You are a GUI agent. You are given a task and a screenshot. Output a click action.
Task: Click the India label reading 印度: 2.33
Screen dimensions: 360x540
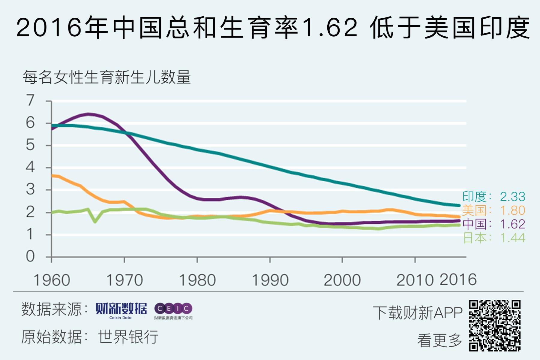(x=493, y=197)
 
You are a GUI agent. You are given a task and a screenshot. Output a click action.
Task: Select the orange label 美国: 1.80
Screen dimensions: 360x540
(x=493, y=210)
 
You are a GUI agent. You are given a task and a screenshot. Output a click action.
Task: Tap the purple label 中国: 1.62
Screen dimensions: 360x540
(x=493, y=224)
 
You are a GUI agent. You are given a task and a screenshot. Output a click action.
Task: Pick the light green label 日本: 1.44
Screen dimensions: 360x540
(x=493, y=238)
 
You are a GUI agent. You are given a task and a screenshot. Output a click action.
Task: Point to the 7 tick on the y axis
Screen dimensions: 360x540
(x=30, y=100)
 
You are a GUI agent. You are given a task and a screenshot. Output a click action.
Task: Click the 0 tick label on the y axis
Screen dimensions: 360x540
(x=30, y=257)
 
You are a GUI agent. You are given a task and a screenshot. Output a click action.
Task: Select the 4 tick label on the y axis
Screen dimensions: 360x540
(x=30, y=167)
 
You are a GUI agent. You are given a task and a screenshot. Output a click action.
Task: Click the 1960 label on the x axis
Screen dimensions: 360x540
(x=52, y=280)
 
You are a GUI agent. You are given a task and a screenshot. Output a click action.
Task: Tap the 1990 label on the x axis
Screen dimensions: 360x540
(x=270, y=280)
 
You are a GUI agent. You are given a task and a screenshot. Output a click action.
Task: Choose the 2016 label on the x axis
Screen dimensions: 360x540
(x=458, y=280)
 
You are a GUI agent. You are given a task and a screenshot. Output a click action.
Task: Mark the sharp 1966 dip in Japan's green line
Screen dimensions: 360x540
(x=95, y=222)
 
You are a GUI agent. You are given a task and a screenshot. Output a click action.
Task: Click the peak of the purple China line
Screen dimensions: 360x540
(x=88, y=114)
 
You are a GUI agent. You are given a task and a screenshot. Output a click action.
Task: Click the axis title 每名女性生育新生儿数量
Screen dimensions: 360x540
(x=107, y=77)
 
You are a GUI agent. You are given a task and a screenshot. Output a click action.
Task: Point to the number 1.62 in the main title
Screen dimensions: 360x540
(x=329, y=28)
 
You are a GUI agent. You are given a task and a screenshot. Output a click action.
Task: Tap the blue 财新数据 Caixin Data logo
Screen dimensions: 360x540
(x=121, y=311)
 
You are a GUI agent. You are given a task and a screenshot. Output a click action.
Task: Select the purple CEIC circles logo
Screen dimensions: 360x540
(x=173, y=308)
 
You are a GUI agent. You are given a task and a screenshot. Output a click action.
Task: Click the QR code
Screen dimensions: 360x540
(x=495, y=325)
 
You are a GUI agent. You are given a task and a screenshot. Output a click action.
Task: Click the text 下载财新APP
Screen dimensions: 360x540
(x=418, y=313)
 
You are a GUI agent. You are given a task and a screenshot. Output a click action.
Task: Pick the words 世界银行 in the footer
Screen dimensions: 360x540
(x=128, y=337)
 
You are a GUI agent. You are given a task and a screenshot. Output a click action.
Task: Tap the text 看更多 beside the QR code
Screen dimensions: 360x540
(x=439, y=340)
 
